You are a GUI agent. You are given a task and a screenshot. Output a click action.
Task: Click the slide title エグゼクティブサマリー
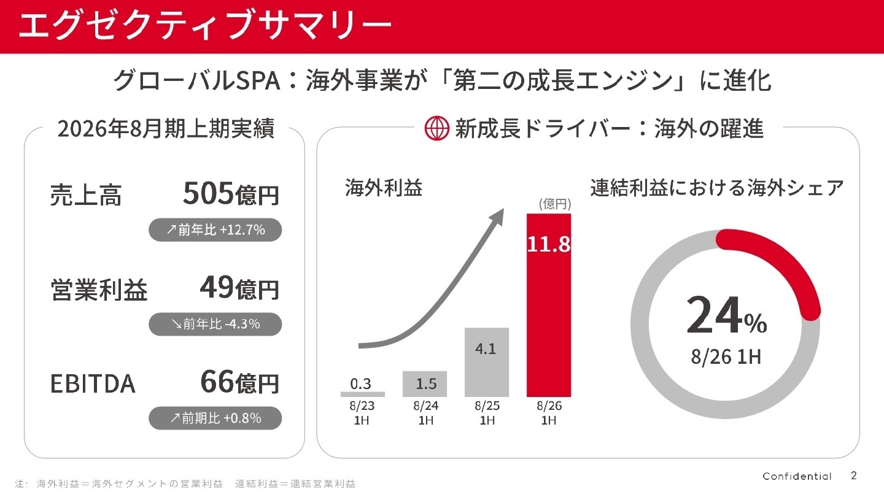204,26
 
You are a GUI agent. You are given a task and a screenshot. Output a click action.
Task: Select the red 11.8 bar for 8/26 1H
549,307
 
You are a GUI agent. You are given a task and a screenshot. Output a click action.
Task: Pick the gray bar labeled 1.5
425,384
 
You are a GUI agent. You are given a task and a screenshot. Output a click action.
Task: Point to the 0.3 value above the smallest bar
361,384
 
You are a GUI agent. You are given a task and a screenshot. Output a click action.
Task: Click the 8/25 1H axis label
487,413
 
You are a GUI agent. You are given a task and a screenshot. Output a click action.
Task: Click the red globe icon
437,129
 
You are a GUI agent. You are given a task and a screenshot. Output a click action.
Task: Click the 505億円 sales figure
231,195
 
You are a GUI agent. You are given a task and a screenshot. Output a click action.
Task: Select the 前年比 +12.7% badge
215,230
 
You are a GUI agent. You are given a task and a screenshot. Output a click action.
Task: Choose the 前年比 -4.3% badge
215,324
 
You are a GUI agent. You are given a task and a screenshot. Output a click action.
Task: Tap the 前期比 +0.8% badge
215,418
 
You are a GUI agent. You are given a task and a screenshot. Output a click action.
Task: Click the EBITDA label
93,383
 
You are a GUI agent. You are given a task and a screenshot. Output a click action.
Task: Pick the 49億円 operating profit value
239,289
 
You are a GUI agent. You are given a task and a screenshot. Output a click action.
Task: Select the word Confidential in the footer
797,477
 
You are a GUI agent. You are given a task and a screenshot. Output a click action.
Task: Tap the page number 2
853,476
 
